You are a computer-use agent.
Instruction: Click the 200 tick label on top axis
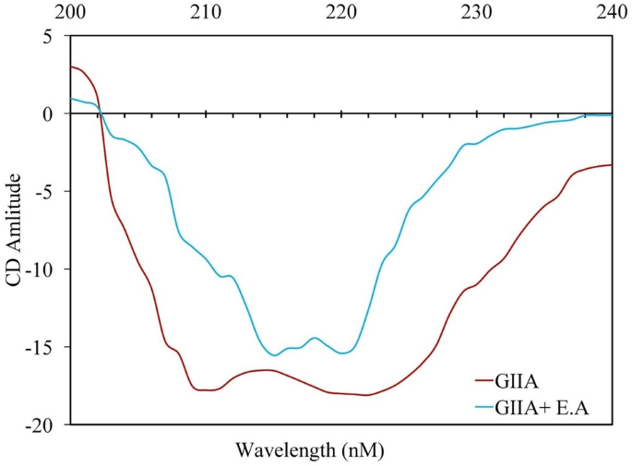point(72,12)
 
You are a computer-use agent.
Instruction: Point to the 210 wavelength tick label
point(207,12)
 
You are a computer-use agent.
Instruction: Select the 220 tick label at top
point(341,12)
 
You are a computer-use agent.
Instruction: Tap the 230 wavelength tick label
point(477,12)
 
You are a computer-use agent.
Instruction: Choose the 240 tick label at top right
point(611,12)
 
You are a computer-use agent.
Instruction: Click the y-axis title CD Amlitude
point(16,231)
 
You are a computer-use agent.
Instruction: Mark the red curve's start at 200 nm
point(72,66)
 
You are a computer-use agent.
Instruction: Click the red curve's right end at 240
point(611,165)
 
